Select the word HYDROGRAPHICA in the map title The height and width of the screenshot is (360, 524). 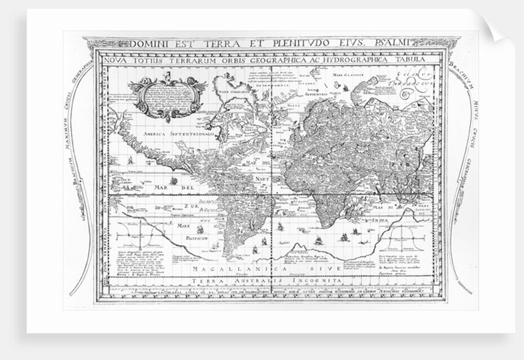pyautogui.click(x=346, y=60)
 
